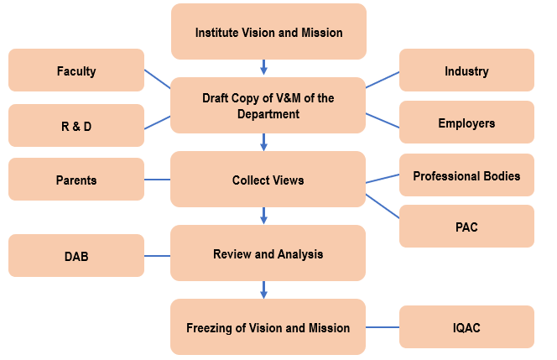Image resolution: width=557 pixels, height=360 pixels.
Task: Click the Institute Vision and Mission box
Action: pyautogui.click(x=268, y=32)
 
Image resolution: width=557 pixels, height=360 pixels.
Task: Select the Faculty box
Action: pyautogui.click(x=76, y=70)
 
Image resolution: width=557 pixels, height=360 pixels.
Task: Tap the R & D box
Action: pyautogui.click(x=76, y=127)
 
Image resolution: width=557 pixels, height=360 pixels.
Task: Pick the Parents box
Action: pyautogui.click(x=76, y=180)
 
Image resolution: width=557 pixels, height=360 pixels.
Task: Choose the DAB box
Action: pyautogui.click(x=76, y=256)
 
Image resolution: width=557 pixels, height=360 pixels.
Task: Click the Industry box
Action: pyautogui.click(x=466, y=70)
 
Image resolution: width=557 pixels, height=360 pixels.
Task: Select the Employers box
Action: pyautogui.click(x=466, y=123)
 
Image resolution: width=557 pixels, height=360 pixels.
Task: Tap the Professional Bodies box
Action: pyautogui.click(x=466, y=175)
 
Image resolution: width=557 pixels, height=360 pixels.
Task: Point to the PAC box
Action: pyautogui.click(x=466, y=227)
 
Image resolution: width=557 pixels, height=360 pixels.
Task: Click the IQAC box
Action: pyautogui.click(x=466, y=326)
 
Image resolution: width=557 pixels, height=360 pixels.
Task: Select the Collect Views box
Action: pyautogui.click(x=268, y=180)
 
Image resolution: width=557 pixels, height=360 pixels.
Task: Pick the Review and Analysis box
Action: pyautogui.click(x=268, y=253)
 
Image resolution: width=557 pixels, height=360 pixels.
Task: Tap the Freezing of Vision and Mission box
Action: pyautogui.click(x=268, y=327)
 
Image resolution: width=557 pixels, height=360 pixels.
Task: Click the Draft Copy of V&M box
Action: pyautogui.click(x=268, y=106)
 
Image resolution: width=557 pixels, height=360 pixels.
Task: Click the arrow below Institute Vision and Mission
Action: pyautogui.click(x=264, y=67)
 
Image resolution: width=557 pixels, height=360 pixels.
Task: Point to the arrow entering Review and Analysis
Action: pyautogui.click(x=264, y=216)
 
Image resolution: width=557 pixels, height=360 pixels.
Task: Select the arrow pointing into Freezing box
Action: pyautogui.click(x=264, y=290)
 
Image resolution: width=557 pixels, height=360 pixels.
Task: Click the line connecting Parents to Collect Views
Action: pyautogui.click(x=157, y=180)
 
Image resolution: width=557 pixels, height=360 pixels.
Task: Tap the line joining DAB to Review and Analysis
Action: pyautogui.click(x=157, y=256)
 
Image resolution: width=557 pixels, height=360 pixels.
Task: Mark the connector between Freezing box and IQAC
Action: pyautogui.click(x=383, y=327)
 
